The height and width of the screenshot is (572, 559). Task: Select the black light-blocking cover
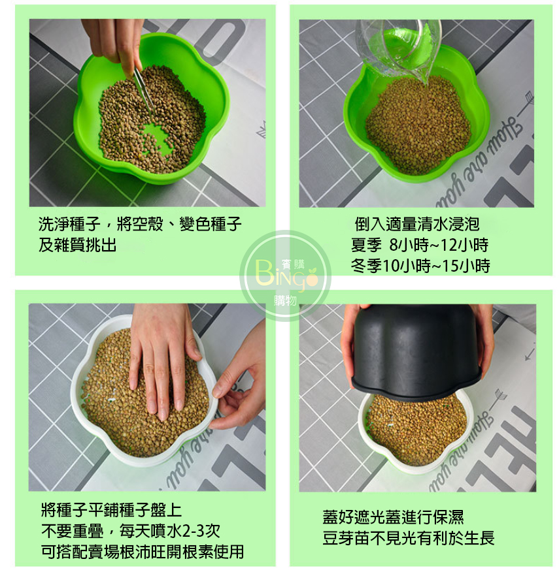point(416,352)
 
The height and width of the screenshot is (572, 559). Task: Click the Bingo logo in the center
point(285,276)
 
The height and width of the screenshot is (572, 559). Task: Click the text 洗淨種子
point(69,224)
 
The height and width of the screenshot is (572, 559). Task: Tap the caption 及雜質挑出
point(77,245)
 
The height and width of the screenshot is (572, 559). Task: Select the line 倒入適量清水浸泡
point(417,224)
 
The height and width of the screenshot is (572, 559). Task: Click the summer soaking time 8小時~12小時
point(439,245)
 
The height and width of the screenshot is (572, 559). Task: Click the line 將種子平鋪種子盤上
point(111,510)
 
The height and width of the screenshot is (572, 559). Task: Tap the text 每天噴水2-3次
point(170,531)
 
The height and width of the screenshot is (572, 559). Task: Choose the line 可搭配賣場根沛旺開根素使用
point(143,552)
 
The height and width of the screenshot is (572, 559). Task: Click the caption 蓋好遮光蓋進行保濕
point(393,517)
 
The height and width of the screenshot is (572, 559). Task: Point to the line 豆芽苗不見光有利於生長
point(409,537)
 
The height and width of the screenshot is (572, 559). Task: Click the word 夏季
point(366,245)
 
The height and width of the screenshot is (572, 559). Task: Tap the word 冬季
point(366,266)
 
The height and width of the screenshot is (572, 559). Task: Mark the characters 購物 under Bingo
point(285,301)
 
